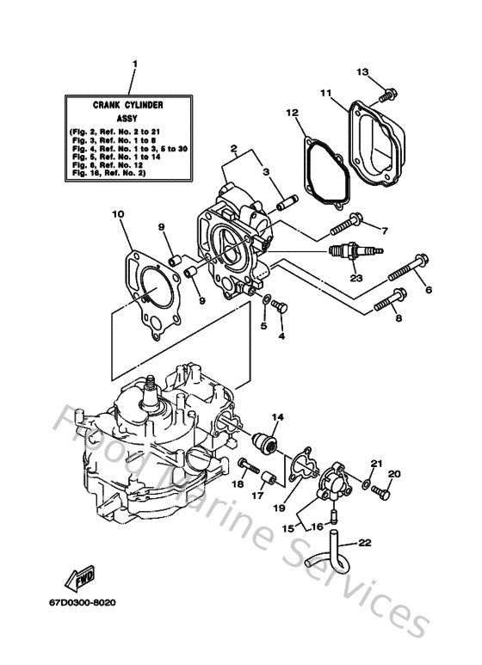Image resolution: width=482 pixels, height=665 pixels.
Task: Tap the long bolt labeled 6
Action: pyautogui.click(x=408, y=268)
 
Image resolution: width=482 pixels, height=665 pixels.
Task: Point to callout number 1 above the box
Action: pyautogui.click(x=134, y=63)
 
